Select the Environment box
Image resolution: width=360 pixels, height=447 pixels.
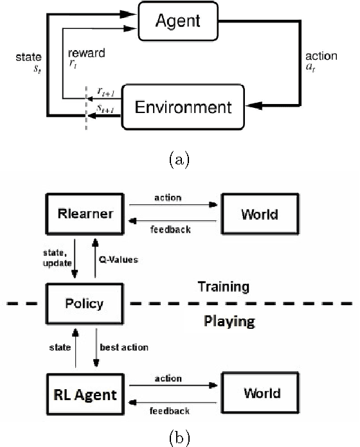(183, 105)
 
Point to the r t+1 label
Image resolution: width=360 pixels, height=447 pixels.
(102, 92)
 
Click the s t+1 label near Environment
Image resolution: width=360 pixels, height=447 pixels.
(102, 109)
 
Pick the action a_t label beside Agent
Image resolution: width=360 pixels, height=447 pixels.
(321, 62)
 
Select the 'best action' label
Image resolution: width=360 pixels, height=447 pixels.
(123, 347)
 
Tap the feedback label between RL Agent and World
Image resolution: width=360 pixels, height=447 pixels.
(168, 408)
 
